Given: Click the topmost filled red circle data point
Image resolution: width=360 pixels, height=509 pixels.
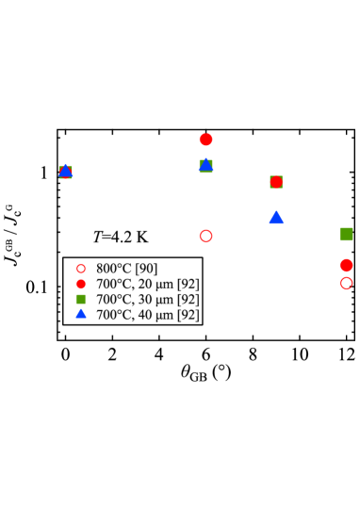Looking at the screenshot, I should pyautogui.click(x=205, y=140).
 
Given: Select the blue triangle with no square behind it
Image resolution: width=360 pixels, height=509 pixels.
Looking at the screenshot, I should pyautogui.click(x=276, y=217).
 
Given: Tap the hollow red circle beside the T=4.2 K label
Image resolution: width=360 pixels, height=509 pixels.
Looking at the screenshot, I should pyautogui.click(x=205, y=236).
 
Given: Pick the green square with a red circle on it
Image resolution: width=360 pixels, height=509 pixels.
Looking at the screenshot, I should pyautogui.click(x=276, y=182).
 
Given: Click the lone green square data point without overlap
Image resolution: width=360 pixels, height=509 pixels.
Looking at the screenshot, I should pyautogui.click(x=346, y=234).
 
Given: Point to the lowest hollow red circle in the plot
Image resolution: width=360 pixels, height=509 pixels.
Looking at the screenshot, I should pyautogui.click(x=346, y=283).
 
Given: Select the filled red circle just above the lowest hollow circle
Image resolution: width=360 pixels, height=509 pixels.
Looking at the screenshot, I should pyautogui.click(x=346, y=266).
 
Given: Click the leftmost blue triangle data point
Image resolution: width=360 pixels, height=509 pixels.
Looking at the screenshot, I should pyautogui.click(x=65, y=171).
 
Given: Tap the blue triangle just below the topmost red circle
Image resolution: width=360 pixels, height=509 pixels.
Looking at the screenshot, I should pyautogui.click(x=205, y=165).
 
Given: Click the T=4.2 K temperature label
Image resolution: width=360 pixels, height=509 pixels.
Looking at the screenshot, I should pyautogui.click(x=120, y=237).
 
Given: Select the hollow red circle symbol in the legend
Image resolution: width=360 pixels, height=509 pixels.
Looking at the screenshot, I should pyautogui.click(x=80, y=269).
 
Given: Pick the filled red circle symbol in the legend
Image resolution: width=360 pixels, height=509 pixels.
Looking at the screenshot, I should pyautogui.click(x=80, y=284).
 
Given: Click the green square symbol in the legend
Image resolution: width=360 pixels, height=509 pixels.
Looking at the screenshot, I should pyautogui.click(x=80, y=299).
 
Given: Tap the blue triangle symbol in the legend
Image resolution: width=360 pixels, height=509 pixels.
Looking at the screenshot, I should pyautogui.click(x=80, y=314).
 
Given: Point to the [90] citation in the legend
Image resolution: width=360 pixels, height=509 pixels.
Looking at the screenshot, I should pyautogui.click(x=145, y=269).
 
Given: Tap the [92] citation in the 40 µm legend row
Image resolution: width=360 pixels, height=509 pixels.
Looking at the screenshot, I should pyautogui.click(x=188, y=315).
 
